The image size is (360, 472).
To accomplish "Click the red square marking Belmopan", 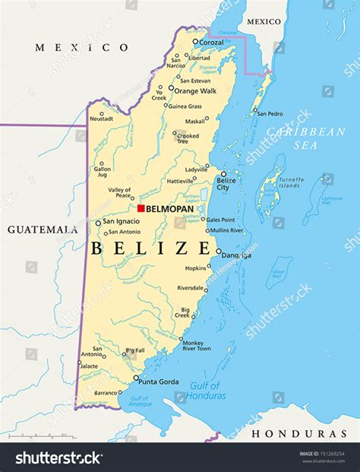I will coord(141,207).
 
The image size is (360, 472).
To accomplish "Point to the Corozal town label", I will coord(212,43).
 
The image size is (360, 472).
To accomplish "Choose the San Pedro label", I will coord(270,113).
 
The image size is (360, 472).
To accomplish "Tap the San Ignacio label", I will coord(117,222).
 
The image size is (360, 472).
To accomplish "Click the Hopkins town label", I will coord(195,268).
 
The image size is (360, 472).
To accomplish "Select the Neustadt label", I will coord(101,119).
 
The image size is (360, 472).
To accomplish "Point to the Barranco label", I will coord(106,393).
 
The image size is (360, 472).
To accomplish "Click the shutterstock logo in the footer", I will coord(59,458).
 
